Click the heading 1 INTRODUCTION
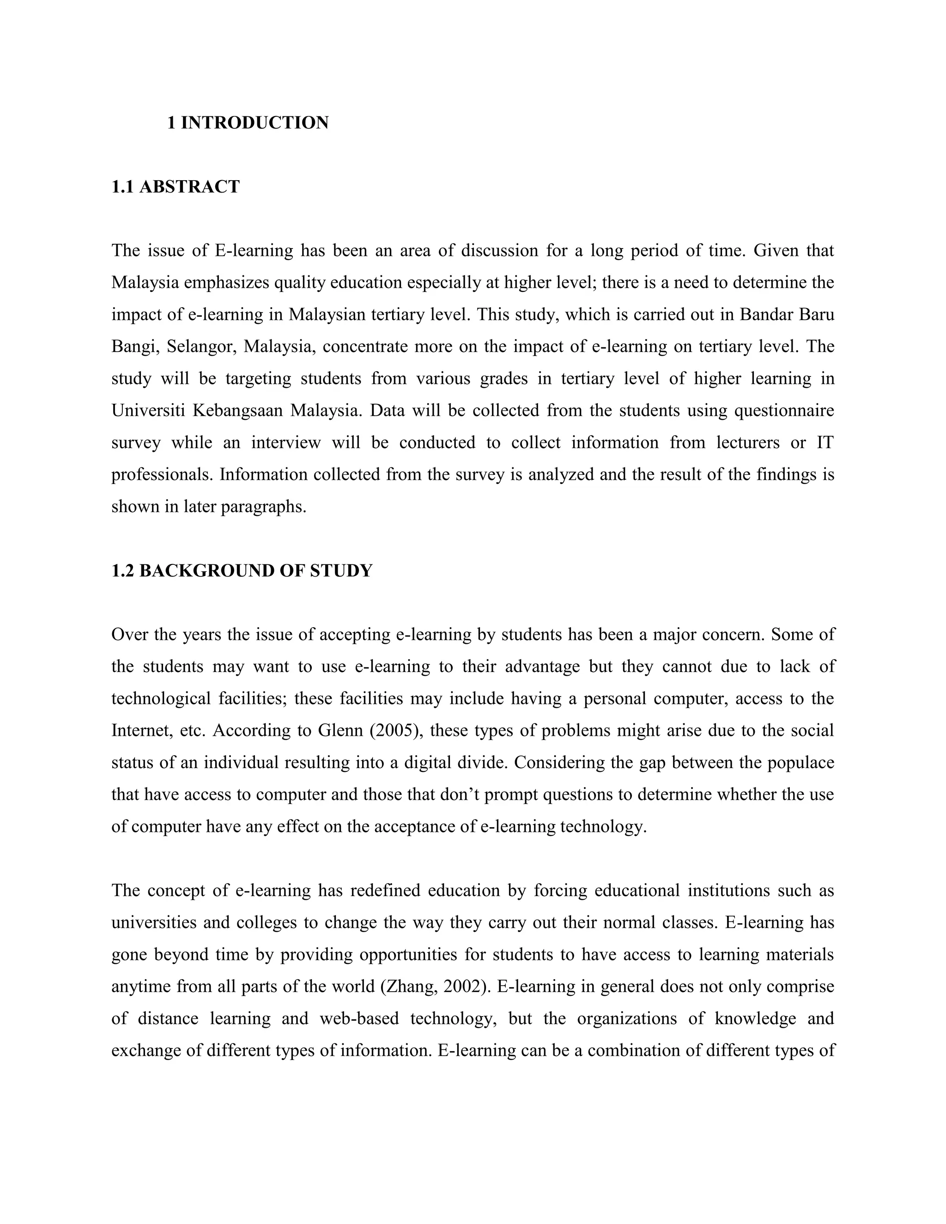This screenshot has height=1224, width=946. point(248,123)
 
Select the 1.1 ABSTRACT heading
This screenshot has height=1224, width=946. point(176,187)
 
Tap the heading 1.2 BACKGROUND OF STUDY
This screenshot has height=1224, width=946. point(242,570)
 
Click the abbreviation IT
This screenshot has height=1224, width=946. point(825,443)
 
